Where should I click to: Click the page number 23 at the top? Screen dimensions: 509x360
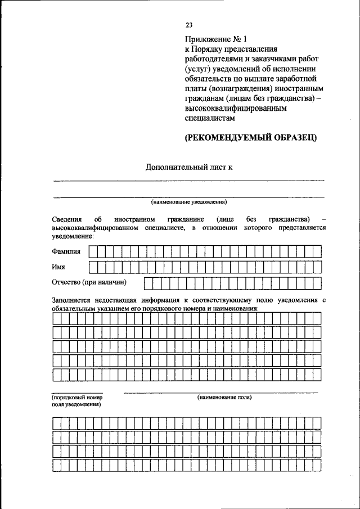tap(189, 25)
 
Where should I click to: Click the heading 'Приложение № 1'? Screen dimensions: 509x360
tap(217, 39)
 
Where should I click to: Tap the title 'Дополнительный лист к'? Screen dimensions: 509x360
tap(188, 166)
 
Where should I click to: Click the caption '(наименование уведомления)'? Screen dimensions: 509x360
tap(188, 202)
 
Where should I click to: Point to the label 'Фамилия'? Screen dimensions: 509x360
tap(66, 251)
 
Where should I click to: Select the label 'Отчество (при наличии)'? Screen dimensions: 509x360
tap(89, 282)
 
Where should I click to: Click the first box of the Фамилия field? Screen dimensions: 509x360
tap(94, 251)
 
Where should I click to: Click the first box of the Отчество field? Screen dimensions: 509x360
tap(148, 282)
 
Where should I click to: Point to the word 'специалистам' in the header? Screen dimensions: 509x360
tap(210, 119)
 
